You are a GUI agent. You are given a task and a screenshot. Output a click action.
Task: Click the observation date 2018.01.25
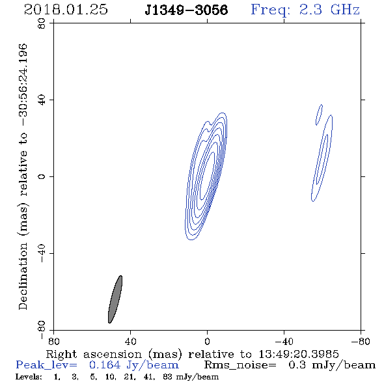[x=66, y=10]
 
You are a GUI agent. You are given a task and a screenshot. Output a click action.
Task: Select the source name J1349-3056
[x=186, y=10]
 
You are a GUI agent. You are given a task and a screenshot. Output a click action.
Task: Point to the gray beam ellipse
[x=115, y=299]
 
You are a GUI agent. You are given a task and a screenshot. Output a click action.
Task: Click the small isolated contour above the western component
[x=319, y=115]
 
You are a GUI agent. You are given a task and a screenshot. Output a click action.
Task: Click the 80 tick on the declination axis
[x=42, y=23]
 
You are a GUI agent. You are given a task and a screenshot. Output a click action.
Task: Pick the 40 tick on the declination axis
[x=42, y=100]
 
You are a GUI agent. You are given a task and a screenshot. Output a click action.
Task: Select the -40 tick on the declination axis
[x=42, y=253]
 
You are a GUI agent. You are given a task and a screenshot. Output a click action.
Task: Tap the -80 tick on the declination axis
[x=42, y=330]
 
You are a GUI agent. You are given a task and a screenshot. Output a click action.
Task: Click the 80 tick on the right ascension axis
[x=53, y=341]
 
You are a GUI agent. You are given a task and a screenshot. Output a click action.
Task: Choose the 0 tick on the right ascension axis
[x=207, y=341]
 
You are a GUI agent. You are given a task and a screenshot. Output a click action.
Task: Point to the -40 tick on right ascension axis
[x=284, y=341]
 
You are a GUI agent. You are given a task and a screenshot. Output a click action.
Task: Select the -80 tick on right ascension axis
[x=361, y=341]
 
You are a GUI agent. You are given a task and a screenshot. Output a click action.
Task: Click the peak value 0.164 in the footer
[x=105, y=365]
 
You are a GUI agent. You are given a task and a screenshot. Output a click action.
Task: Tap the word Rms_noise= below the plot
[x=240, y=365]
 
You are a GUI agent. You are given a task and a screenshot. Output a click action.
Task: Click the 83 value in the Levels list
[x=167, y=376]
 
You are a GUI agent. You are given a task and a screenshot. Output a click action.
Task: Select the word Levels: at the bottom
[x=29, y=376]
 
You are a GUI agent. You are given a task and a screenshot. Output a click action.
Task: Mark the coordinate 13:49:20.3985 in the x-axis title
[x=299, y=354]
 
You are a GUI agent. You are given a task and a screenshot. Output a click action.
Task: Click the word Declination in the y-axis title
[x=23, y=276]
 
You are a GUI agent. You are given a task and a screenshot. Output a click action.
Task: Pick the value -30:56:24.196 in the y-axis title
[x=23, y=85]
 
